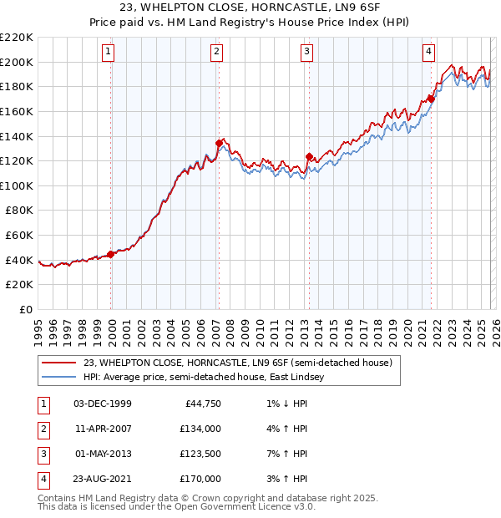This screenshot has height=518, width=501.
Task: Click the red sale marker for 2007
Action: pos(219,143)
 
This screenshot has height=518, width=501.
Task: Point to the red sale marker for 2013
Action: pos(309,156)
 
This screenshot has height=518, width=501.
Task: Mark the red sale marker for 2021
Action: pos(431,99)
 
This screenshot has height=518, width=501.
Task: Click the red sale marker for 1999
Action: pos(111,254)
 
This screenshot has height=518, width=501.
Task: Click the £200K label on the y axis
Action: pos(18,62)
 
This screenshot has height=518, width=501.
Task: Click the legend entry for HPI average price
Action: pos(208,378)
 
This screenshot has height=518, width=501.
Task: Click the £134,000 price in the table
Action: pos(200,428)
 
